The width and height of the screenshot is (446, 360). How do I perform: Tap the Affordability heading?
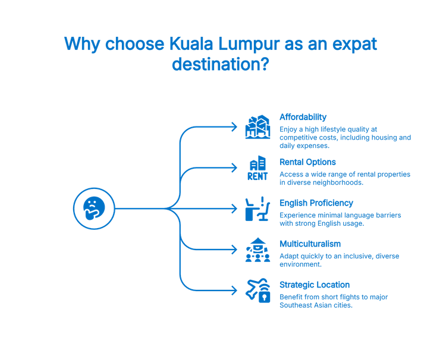[x=303, y=117]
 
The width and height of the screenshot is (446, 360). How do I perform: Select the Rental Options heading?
[x=308, y=162]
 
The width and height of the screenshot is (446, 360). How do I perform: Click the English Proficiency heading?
[x=316, y=203]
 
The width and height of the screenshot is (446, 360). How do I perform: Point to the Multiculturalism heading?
[x=310, y=244]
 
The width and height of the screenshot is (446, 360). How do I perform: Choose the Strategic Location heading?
[x=315, y=285]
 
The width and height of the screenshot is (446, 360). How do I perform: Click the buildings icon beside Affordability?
[x=258, y=127]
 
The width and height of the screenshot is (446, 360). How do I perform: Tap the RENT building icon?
[x=258, y=169]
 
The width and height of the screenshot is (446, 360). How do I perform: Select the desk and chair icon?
[x=258, y=210]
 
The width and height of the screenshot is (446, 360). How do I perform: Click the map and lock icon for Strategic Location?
[x=258, y=291]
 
